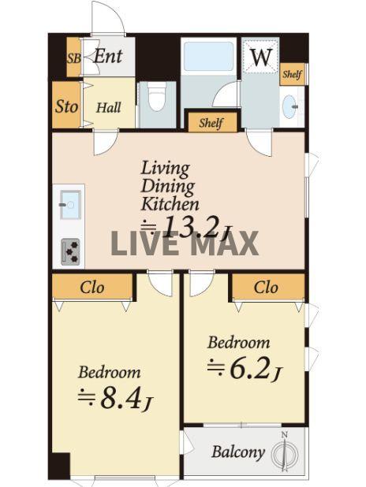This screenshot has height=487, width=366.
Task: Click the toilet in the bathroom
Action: [156, 96]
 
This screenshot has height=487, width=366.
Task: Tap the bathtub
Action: [208, 56]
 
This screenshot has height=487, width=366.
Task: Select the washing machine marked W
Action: [260, 57]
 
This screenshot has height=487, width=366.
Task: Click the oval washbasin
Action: [289, 106]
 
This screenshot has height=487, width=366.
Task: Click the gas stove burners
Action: [70, 251]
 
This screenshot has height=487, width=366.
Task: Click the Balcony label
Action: [238, 452]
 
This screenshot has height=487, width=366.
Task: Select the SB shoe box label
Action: [74, 58]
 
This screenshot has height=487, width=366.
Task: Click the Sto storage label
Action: [66, 106]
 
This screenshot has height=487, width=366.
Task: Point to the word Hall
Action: [109, 108]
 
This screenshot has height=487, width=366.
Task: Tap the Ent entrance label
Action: [108, 56]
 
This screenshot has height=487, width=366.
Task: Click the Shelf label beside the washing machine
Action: [292, 75]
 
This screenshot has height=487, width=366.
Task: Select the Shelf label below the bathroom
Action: [211, 123]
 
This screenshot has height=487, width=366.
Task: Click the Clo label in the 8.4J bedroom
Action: [92, 288]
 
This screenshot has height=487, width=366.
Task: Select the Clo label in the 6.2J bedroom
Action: [266, 288]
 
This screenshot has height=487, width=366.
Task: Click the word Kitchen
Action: [170, 204]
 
